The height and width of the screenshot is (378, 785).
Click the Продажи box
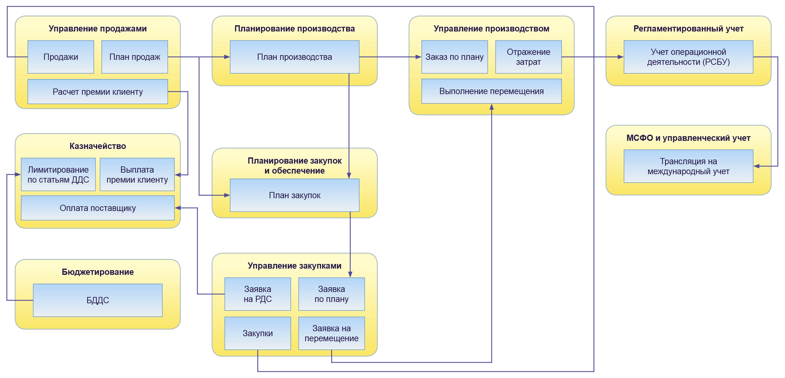(x=61, y=57)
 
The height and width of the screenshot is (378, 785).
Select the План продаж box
(x=135, y=57)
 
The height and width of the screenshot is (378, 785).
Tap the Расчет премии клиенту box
(x=98, y=92)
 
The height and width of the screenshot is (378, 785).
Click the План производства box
(x=294, y=57)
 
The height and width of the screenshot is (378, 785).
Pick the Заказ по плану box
(x=454, y=57)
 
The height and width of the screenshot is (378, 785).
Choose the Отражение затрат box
(x=528, y=57)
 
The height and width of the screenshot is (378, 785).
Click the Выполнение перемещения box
(x=491, y=91)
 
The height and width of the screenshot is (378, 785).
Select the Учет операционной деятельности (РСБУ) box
(x=688, y=57)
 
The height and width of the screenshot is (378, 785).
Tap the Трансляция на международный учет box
(x=688, y=166)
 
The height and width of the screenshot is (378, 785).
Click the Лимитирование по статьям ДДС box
(x=58, y=175)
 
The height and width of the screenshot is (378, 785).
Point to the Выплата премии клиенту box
(x=137, y=175)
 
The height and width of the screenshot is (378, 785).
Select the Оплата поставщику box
(x=98, y=208)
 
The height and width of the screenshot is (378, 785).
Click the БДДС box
(x=98, y=300)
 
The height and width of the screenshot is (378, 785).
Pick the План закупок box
(x=294, y=195)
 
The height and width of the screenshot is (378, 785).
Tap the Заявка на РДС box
(x=258, y=294)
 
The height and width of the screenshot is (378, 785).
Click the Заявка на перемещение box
(x=331, y=333)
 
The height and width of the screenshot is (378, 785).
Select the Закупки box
(x=258, y=333)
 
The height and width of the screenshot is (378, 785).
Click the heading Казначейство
(x=98, y=146)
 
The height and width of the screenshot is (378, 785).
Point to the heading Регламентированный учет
(x=688, y=29)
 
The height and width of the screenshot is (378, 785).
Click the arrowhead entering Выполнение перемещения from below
(x=492, y=107)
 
